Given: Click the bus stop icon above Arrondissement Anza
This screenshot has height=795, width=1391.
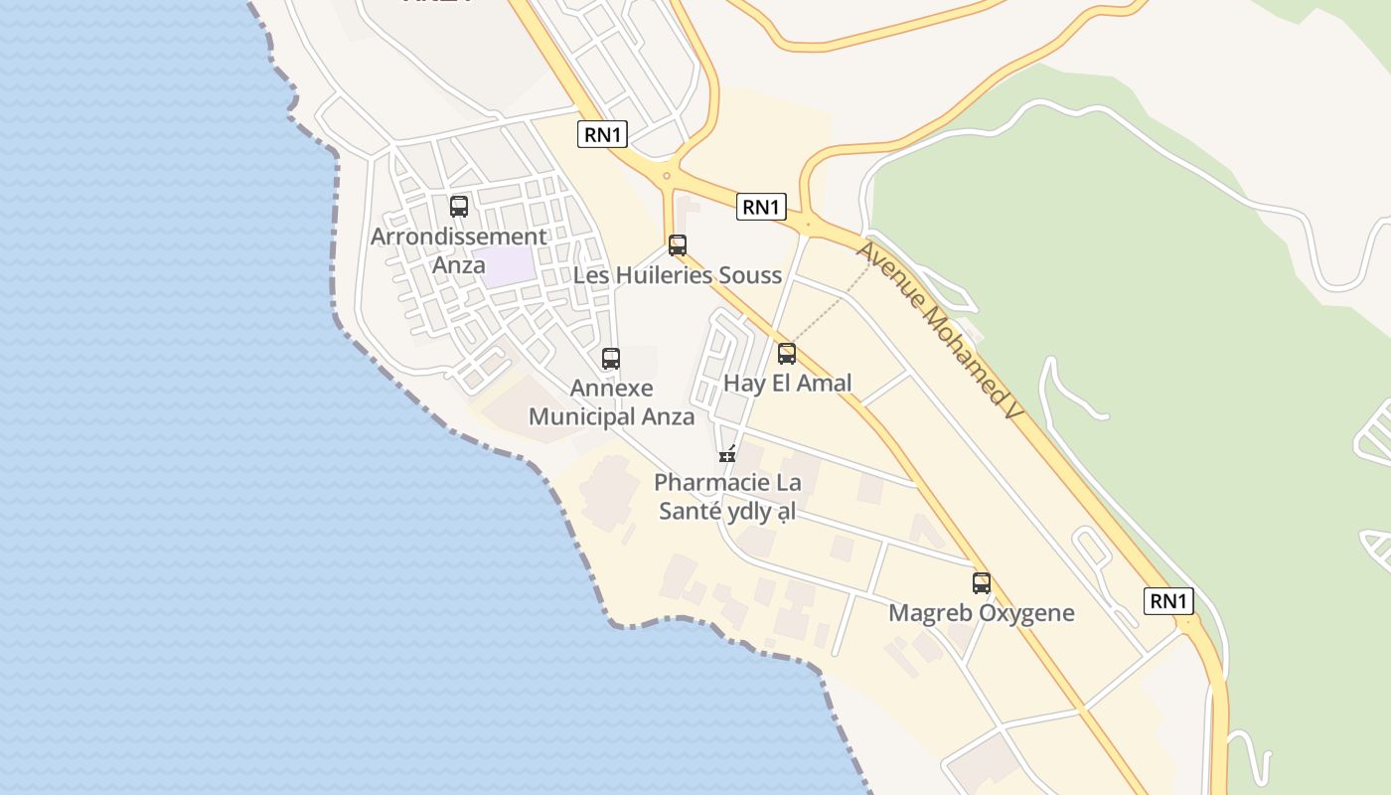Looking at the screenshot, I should [459, 207].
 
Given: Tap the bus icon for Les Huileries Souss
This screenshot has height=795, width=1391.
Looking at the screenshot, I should [678, 244].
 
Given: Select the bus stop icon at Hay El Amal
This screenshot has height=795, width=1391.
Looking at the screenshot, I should [787, 353].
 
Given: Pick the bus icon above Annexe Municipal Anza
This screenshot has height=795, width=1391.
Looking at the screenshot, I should [611, 359].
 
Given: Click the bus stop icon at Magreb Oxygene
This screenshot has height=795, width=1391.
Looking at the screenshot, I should [982, 583].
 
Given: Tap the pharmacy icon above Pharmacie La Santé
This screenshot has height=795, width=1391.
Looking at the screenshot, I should [728, 455].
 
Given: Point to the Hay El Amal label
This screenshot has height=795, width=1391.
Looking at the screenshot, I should [788, 384].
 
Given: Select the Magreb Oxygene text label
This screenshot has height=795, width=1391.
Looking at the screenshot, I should [982, 612].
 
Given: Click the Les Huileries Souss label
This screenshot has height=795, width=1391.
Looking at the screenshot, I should [678, 275].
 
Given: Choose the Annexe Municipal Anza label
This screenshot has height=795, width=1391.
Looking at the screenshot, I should [611, 401].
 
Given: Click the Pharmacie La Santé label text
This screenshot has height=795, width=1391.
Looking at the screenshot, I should [728, 497].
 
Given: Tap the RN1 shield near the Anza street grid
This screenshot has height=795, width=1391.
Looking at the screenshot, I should [603, 134].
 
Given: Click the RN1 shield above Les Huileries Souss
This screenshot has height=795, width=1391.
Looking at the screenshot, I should [762, 207].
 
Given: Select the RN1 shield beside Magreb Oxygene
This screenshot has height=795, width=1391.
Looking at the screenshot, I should [1168, 600].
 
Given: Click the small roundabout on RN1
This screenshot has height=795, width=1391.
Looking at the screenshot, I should [667, 176].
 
